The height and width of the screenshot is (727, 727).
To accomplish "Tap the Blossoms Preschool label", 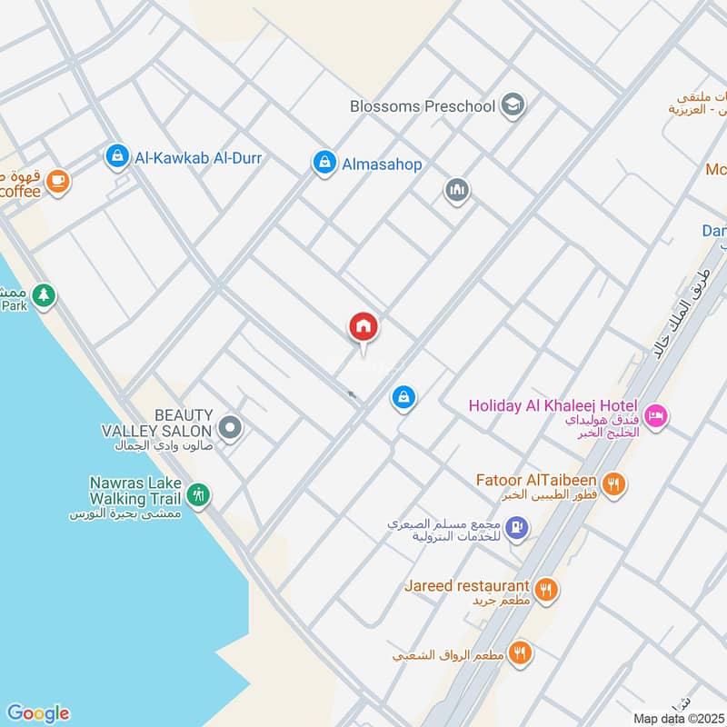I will tap(423, 106).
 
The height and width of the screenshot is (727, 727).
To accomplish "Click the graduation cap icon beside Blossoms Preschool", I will tap(513, 105).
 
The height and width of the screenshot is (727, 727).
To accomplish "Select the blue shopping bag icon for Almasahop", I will tap(323, 164).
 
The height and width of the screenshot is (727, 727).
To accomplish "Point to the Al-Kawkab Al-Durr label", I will tap(198, 158).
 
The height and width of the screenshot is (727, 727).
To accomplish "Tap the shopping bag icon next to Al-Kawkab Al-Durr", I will tap(115, 157).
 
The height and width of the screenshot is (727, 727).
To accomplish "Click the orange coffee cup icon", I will tap(57, 180).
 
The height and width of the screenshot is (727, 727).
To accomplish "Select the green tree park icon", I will tap(43, 294).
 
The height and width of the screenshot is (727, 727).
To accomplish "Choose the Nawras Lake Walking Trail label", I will tap(135, 491).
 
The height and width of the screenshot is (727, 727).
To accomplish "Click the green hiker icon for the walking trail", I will tap(198, 494).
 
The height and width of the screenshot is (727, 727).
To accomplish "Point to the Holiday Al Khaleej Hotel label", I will tap(553, 406).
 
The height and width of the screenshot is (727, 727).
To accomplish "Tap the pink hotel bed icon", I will tap(655, 416).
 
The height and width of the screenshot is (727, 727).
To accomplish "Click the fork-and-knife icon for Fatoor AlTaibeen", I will tap(614, 483).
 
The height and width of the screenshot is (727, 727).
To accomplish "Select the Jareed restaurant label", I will tap(467, 587).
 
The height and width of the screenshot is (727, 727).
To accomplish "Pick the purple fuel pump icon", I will tap(516, 527).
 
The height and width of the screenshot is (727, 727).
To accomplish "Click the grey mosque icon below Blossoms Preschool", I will tap(456, 190).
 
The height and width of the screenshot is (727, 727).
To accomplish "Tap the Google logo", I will tap(37, 713).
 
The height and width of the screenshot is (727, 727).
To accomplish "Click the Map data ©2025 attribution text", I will tap(678, 718).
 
